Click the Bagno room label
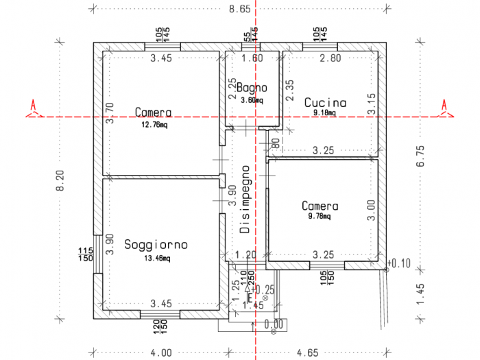[252, 88]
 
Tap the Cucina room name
[325, 103]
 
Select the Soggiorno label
[156, 245]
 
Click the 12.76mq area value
[154, 125]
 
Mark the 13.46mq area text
[156, 258]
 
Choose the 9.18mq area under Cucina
[324, 113]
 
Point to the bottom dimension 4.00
[161, 352]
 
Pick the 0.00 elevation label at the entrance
[274, 322]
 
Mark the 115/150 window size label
[86, 254]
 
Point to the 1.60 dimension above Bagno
[252, 59]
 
